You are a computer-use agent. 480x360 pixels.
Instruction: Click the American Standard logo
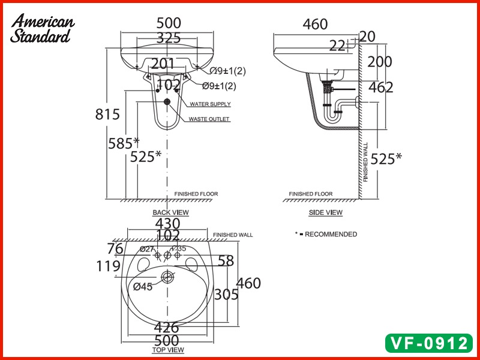click(x=43, y=28)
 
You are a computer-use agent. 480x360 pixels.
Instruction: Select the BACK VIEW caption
click(x=170, y=212)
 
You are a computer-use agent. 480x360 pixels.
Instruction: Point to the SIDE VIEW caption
click(x=326, y=212)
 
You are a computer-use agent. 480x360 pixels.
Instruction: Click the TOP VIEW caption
click(x=168, y=350)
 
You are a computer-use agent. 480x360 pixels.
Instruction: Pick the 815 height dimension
click(x=108, y=114)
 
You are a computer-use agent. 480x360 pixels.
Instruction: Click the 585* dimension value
click(x=124, y=143)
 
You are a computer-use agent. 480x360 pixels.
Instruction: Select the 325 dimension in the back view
click(x=169, y=38)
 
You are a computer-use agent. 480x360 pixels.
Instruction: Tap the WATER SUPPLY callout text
click(x=210, y=104)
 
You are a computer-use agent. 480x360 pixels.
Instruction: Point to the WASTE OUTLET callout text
click(x=209, y=119)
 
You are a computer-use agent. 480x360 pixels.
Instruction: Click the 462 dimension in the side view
click(x=381, y=88)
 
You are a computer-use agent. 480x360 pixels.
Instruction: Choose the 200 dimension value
click(x=380, y=62)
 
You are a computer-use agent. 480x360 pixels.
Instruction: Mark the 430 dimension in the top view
click(x=168, y=223)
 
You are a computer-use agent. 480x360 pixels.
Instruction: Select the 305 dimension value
click(x=227, y=294)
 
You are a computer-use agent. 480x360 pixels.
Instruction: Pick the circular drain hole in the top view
click(x=168, y=277)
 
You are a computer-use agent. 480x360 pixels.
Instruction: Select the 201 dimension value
click(x=163, y=64)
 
